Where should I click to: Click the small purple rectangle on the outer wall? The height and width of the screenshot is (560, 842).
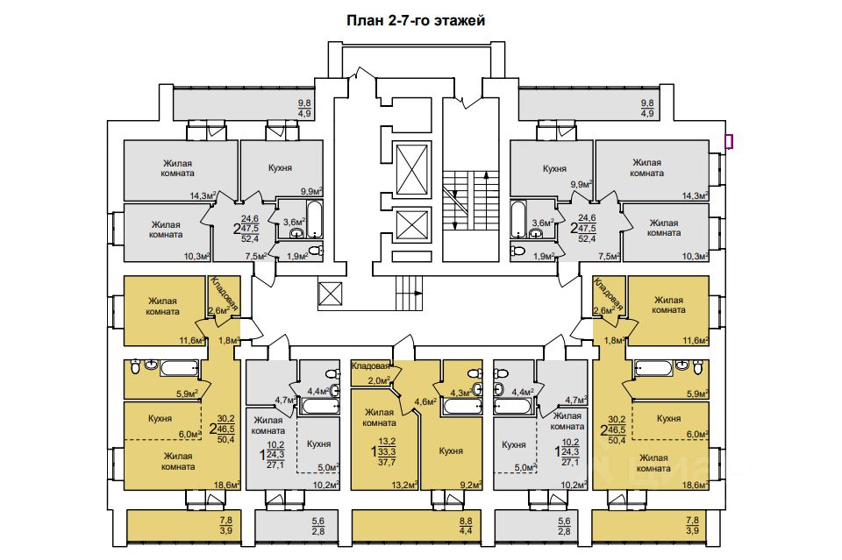(729, 141)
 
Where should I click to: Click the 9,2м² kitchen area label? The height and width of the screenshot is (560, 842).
(468, 485)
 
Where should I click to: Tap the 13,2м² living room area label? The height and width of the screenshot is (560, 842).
(405, 485)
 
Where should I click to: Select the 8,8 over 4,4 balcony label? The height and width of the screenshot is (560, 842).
(465, 526)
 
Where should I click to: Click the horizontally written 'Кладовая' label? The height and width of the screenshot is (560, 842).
(370, 366)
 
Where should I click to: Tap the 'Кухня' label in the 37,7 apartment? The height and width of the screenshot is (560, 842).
(451, 451)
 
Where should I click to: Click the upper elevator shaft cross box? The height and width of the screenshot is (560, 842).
(412, 169)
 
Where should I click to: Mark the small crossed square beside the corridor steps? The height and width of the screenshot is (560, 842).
(330, 294)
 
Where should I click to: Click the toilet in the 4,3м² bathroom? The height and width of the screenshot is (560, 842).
(474, 373)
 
